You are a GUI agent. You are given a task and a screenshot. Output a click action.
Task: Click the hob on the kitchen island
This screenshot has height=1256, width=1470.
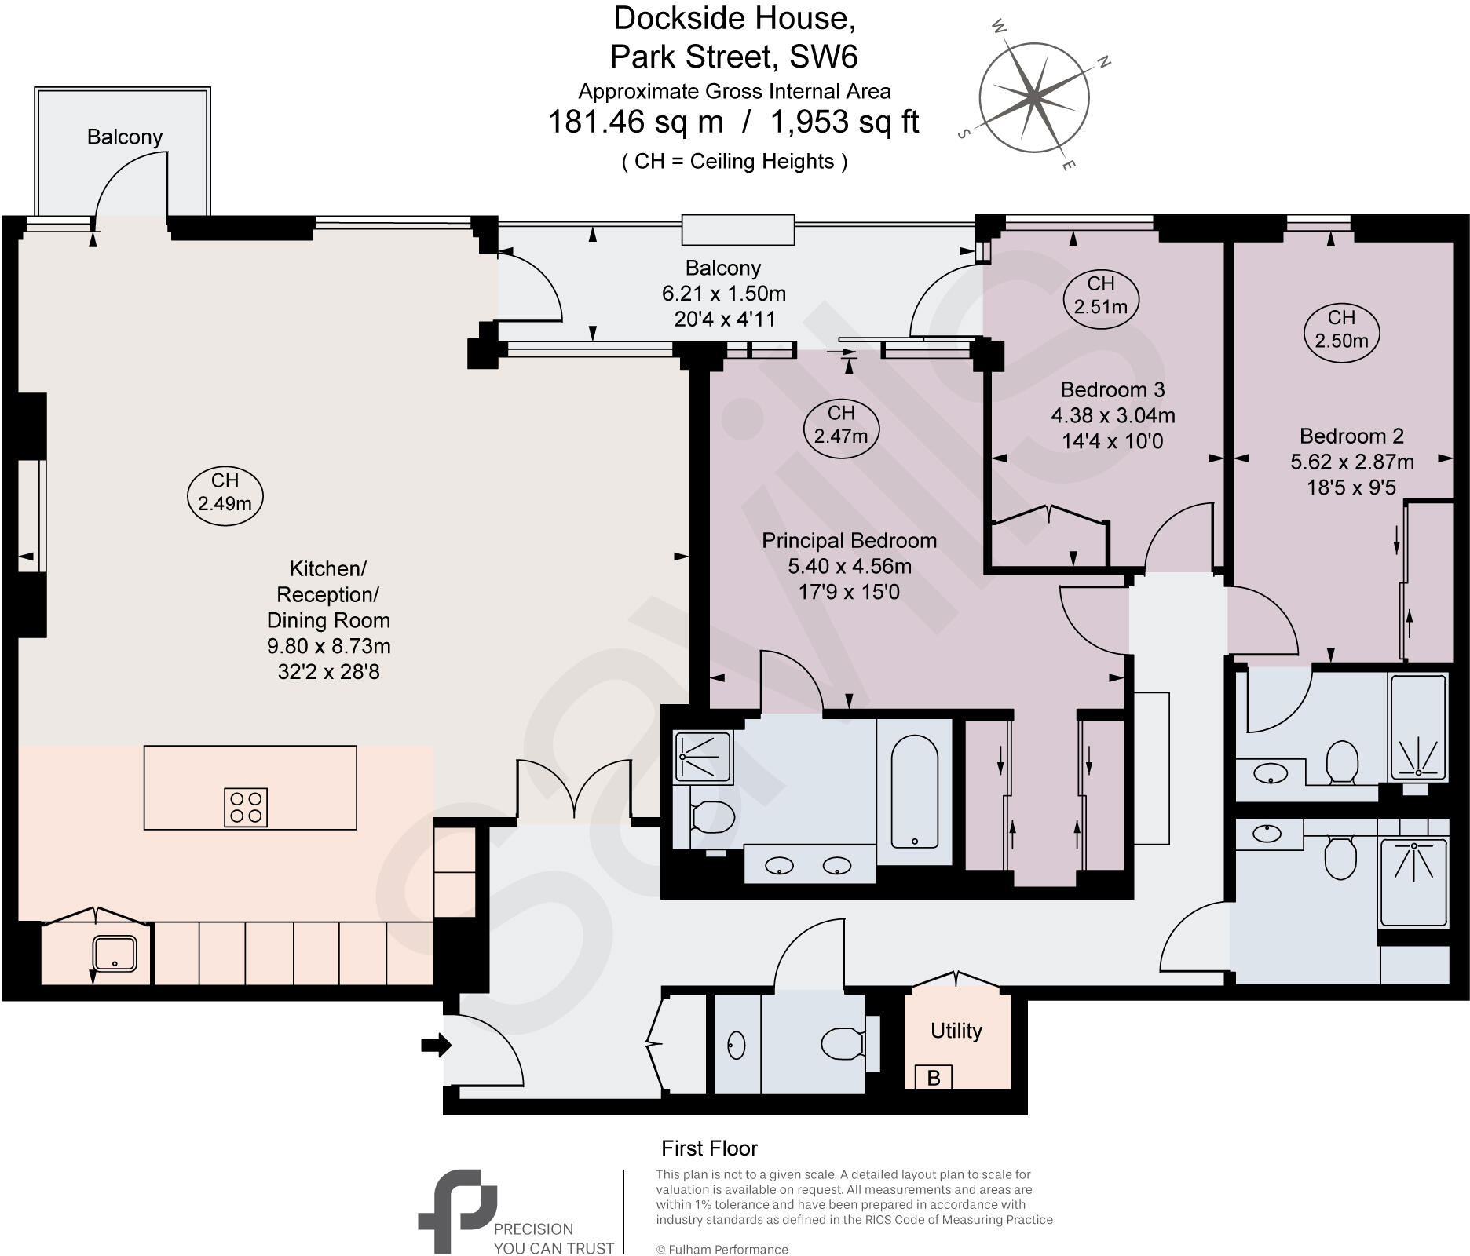[x=246, y=808]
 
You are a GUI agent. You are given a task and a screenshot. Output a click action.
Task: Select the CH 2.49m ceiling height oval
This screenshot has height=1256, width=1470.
[x=225, y=492]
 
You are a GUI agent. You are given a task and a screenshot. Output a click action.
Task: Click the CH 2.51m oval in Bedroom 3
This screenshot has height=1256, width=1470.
[x=1100, y=295]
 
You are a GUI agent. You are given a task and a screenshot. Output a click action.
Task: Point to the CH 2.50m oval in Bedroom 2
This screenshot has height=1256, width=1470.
[x=1341, y=329]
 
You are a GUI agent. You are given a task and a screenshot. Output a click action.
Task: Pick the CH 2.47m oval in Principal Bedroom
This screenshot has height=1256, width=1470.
[x=840, y=425]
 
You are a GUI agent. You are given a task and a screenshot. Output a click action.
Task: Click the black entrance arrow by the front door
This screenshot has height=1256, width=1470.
[x=436, y=1045]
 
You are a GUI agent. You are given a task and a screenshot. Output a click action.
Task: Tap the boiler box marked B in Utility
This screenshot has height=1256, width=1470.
[x=933, y=1078]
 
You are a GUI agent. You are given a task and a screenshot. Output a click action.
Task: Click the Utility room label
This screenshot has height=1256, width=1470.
[x=956, y=1031]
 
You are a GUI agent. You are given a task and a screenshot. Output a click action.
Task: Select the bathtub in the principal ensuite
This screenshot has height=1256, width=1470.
[x=914, y=791]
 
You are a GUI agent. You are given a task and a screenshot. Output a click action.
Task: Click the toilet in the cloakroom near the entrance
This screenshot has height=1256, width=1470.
[x=839, y=1043]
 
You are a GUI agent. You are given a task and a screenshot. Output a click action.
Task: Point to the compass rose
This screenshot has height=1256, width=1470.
[x=1034, y=97]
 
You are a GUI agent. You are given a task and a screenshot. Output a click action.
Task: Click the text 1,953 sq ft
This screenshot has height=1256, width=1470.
[x=844, y=122]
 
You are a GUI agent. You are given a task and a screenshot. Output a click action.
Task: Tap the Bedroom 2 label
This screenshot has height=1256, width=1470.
[x=1351, y=436]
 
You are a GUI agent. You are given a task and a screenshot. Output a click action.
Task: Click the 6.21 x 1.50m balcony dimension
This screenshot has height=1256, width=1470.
[x=723, y=294]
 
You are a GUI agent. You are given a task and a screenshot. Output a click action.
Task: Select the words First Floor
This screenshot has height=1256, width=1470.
[x=709, y=1148]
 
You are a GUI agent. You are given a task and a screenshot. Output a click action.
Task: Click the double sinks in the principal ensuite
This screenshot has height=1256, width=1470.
[x=809, y=866]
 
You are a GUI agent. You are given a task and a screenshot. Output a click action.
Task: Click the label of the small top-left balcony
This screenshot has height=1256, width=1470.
[x=124, y=137]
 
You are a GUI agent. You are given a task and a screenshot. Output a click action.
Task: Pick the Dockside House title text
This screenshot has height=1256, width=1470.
[x=733, y=19]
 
